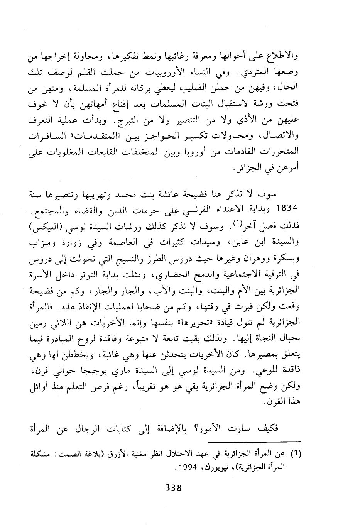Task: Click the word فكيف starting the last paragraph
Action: pyautogui.click(x=287, y=429)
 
